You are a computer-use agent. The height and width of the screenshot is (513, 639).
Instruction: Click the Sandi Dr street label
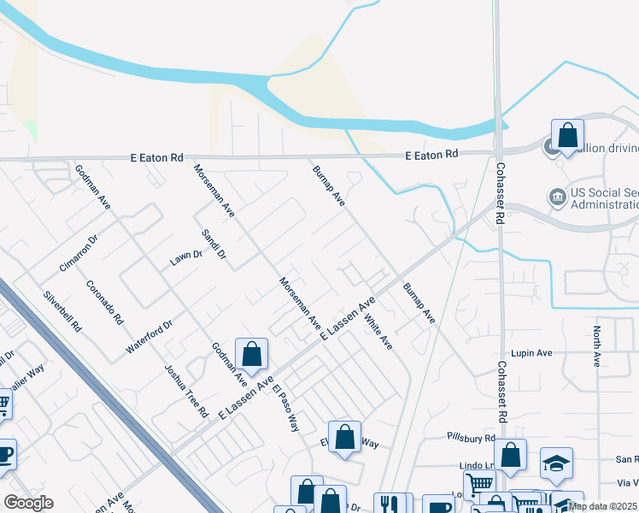click(214, 244)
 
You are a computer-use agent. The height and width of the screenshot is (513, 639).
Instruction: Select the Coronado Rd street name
click(106, 303)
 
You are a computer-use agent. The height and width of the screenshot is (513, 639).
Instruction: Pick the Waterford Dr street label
click(149, 337)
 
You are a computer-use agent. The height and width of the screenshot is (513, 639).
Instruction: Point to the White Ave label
click(378, 333)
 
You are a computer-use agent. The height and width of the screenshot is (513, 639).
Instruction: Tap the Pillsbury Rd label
click(471, 437)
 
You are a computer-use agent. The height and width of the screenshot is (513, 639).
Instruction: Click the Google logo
click(28, 503)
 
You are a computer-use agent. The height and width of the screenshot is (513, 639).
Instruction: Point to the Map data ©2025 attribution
click(601, 506)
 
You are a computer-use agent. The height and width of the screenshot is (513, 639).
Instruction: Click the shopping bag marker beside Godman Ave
click(252, 354)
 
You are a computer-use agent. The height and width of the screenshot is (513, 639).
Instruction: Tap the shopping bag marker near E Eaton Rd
click(567, 134)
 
